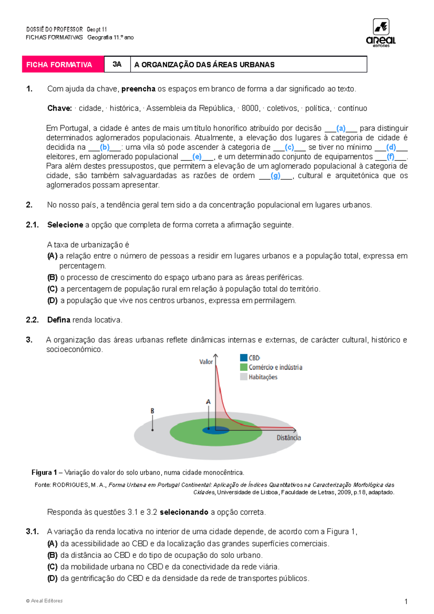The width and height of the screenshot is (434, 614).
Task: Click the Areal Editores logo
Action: coord(381,33)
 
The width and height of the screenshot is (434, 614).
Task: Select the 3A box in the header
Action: coord(117,64)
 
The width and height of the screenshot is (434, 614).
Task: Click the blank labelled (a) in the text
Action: coord(341,128)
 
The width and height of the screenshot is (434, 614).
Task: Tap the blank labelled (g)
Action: coord(276,176)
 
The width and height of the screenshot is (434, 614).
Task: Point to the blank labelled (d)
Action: coord(391,147)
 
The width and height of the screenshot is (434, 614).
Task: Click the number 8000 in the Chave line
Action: coord(250,108)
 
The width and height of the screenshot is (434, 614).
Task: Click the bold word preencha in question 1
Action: coord(138,89)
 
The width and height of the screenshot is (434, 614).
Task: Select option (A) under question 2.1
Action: coord(52,256)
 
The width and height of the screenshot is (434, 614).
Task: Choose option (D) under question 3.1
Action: coord(52,578)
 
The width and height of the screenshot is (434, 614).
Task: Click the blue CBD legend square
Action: coord(243,358)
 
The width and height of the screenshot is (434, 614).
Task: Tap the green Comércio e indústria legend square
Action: coord(243,367)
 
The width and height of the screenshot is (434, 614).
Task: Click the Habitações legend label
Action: coord(263,377)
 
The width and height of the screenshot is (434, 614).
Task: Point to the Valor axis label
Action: coord(206,362)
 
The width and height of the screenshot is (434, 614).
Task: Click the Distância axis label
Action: coord(289,438)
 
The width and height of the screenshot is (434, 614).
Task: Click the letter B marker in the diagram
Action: coord(152,411)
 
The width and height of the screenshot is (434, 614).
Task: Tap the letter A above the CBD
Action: coord(208,402)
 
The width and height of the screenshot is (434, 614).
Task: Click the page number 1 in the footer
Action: coord(406,602)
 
